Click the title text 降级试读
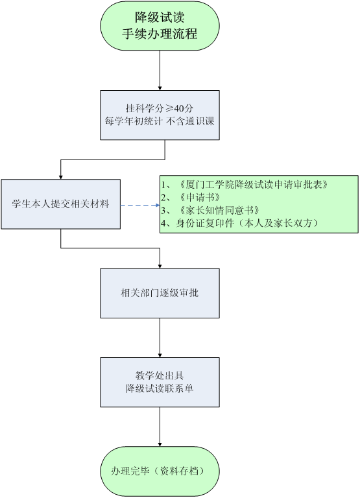(160, 18)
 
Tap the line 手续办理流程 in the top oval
(160, 34)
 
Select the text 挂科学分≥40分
(160, 108)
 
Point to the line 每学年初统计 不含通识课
(160, 121)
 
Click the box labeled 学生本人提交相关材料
(61, 204)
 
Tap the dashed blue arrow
(140, 205)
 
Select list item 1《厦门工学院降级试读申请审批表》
(245, 185)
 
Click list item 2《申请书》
(191, 197)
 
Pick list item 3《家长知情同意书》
(211, 210)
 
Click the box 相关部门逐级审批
(160, 293)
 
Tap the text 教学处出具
(160, 375)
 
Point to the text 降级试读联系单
(160, 388)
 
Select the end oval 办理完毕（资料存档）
(160, 471)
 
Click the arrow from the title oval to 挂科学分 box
(160, 70)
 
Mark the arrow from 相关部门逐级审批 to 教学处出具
(160, 338)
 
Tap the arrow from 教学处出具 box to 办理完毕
(160, 427)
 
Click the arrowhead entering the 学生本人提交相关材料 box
(61, 177)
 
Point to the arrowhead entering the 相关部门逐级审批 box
(160, 267)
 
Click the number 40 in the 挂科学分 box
(178, 108)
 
